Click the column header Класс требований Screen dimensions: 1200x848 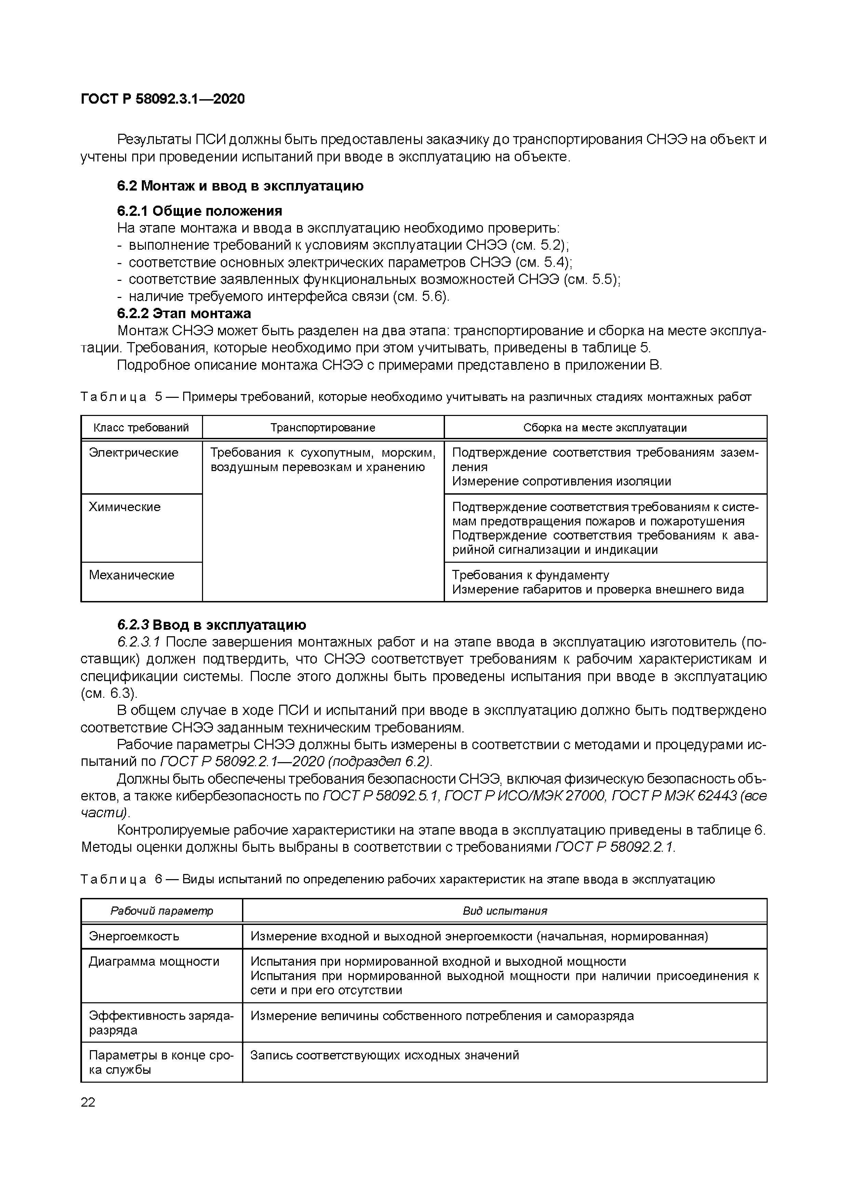coord(141,428)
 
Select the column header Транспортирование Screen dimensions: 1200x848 coord(323,428)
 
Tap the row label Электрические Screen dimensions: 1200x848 coord(134,453)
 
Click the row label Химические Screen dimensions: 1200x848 coord(125,507)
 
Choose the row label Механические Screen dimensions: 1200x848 coord(132,575)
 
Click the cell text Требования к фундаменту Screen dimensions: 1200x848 coord(530,575)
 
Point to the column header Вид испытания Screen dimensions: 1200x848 coord(504,911)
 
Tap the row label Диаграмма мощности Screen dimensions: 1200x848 coord(154,962)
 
